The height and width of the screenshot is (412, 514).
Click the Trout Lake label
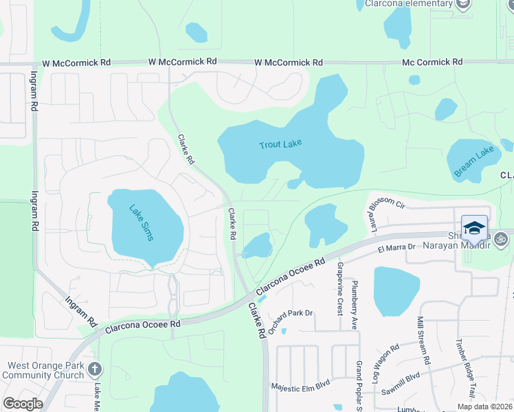tap(280, 144)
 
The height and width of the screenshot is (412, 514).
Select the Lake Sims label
tap(142, 222)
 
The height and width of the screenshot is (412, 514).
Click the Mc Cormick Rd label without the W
tap(432, 62)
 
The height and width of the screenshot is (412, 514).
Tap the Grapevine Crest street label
tap(340, 286)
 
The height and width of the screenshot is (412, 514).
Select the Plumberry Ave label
tap(355, 300)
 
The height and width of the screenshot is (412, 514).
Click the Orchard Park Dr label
tap(290, 322)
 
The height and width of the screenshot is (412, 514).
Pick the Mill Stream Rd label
tap(423, 341)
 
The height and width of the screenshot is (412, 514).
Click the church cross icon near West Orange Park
tap(96, 370)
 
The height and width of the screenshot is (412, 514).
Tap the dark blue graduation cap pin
tap(475, 227)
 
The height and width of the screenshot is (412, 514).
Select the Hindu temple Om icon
tap(501, 239)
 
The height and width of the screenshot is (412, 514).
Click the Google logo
tap(23, 404)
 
